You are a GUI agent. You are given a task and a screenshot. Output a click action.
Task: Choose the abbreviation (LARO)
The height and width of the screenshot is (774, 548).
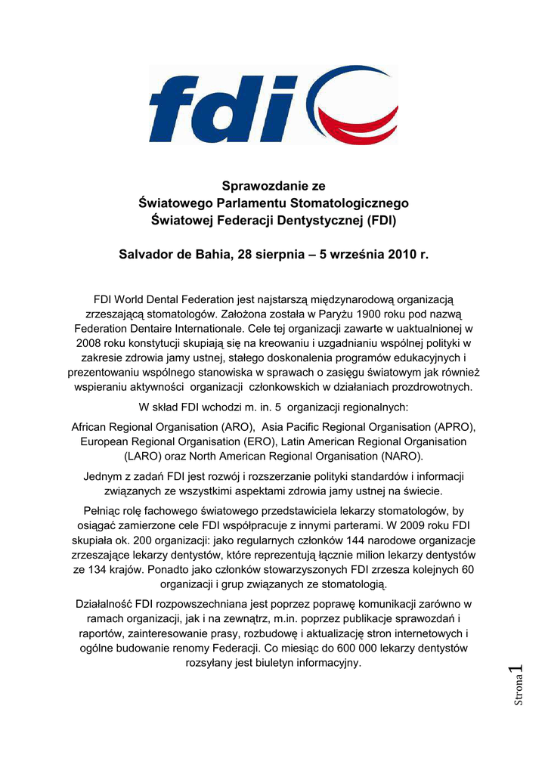pyautogui.click(x=141, y=457)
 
